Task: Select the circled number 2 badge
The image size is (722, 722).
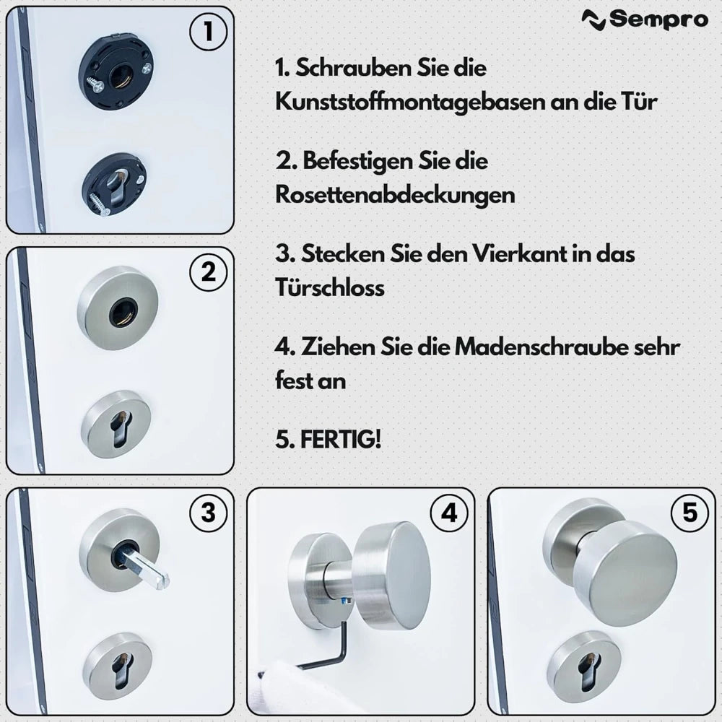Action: (x=208, y=273)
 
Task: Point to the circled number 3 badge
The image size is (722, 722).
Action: (x=208, y=513)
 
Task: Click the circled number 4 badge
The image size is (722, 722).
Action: (x=448, y=513)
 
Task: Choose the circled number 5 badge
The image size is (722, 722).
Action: (x=690, y=513)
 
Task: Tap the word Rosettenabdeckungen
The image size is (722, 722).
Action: (x=395, y=194)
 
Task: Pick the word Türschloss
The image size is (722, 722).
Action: (x=329, y=287)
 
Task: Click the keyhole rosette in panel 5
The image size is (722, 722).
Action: (x=583, y=666)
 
